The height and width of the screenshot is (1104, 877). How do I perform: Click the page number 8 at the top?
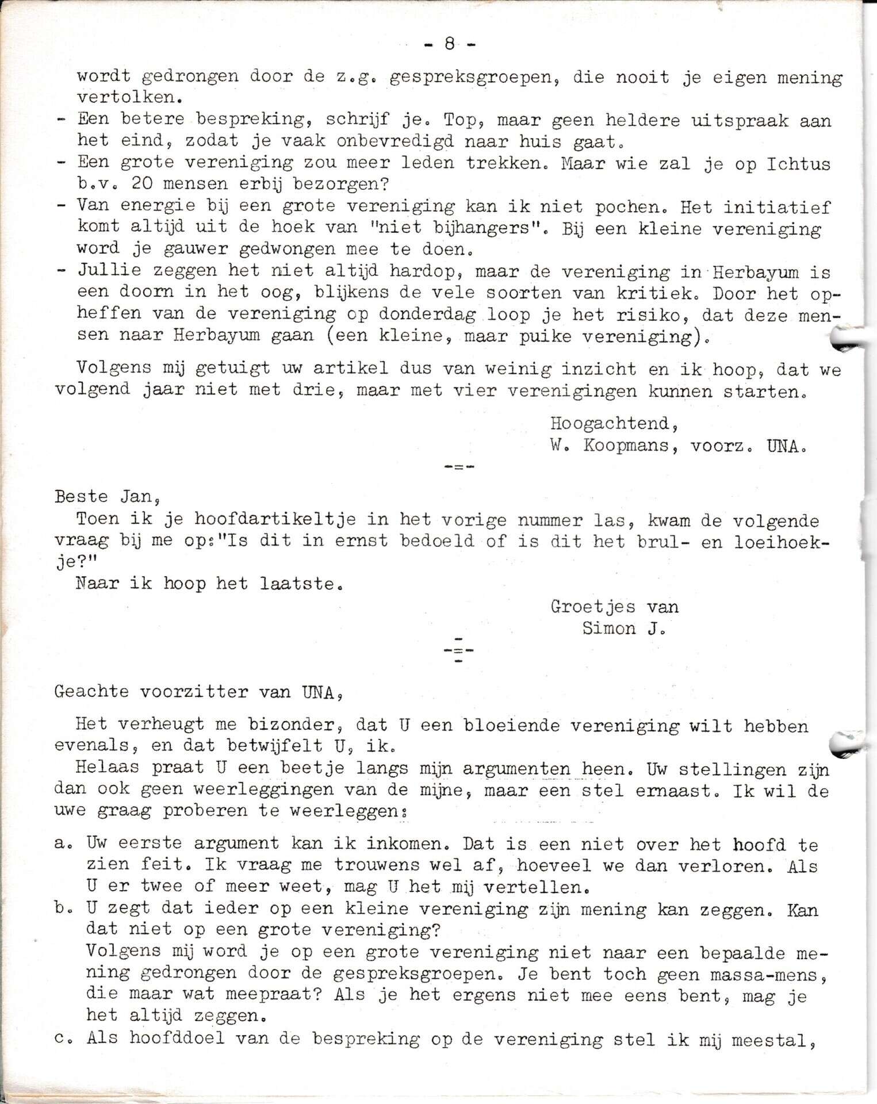click(x=450, y=44)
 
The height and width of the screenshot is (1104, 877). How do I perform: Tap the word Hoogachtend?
click(x=614, y=424)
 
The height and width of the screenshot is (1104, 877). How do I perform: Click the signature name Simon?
click(x=609, y=628)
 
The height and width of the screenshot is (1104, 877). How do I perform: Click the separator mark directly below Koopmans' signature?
click(x=459, y=466)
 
